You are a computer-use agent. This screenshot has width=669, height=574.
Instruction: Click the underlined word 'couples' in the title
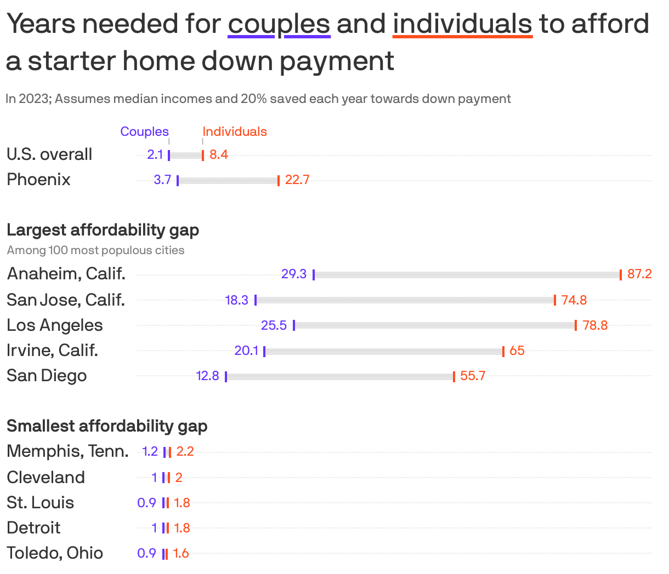click(x=279, y=24)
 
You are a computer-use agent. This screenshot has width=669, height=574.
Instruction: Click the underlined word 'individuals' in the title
click(x=462, y=24)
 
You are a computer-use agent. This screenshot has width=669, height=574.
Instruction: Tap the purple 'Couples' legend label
click(x=144, y=131)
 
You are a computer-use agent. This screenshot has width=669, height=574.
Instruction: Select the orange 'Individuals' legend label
click(x=235, y=131)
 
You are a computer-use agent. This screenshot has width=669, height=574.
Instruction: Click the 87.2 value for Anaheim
click(x=639, y=274)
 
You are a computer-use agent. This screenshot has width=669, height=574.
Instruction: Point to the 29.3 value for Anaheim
click(x=294, y=274)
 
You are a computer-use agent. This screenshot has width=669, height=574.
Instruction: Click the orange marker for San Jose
click(x=555, y=300)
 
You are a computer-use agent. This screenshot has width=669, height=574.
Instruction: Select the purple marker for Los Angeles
click(x=294, y=325)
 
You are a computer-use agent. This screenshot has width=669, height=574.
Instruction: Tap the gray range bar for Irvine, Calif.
click(x=384, y=351)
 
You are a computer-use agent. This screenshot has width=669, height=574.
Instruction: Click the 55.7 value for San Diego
click(x=473, y=376)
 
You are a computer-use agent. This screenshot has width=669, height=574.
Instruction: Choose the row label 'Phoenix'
click(x=38, y=180)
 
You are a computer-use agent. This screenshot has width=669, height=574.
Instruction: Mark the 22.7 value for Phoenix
click(x=297, y=180)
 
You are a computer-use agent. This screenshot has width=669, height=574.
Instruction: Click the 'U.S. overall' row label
click(x=49, y=154)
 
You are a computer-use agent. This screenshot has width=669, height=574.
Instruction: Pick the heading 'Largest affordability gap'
click(x=103, y=229)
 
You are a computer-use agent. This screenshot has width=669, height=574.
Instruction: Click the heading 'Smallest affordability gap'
click(x=107, y=426)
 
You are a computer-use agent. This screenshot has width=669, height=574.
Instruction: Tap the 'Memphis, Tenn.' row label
click(x=67, y=451)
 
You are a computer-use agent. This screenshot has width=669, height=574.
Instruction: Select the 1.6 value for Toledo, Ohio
click(x=181, y=553)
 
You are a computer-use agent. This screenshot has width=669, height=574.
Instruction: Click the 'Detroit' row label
click(x=33, y=528)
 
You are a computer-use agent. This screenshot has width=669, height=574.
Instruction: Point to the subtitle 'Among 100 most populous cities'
click(x=95, y=250)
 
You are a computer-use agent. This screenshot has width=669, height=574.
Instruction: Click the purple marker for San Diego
click(x=226, y=376)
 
